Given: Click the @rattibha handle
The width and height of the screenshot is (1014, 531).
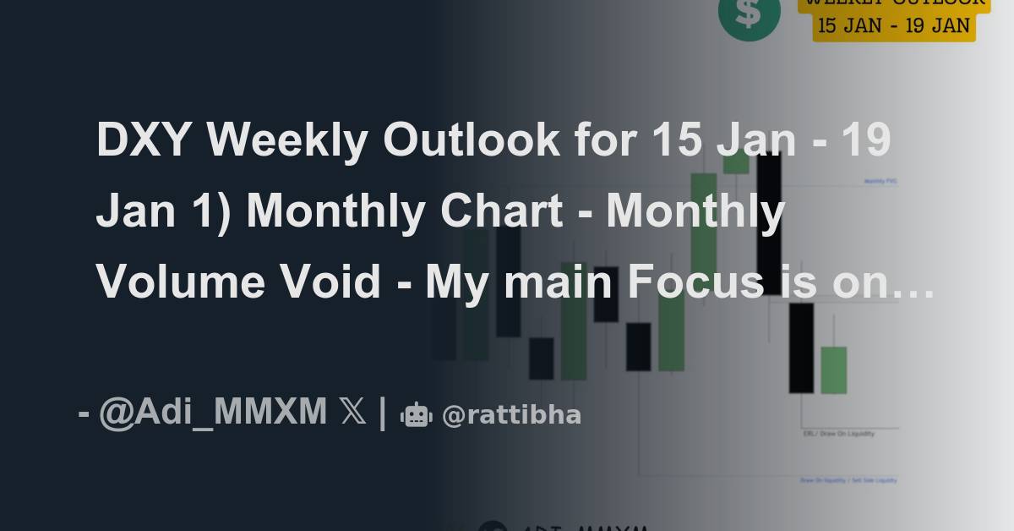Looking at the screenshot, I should [x=512, y=415].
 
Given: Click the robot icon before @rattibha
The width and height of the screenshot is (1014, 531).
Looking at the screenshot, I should [x=416, y=415].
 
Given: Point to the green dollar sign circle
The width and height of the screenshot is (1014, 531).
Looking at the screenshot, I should [x=749, y=14].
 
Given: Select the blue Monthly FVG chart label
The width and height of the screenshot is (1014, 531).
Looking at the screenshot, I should [x=880, y=181].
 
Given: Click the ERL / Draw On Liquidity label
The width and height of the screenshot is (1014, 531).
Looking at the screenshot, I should [x=838, y=434].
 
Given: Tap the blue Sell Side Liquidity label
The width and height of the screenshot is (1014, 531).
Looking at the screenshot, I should [x=848, y=480].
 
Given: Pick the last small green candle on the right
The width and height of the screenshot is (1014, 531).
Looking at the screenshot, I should [x=833, y=370].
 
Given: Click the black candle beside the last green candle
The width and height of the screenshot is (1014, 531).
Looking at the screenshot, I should [x=801, y=348].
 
